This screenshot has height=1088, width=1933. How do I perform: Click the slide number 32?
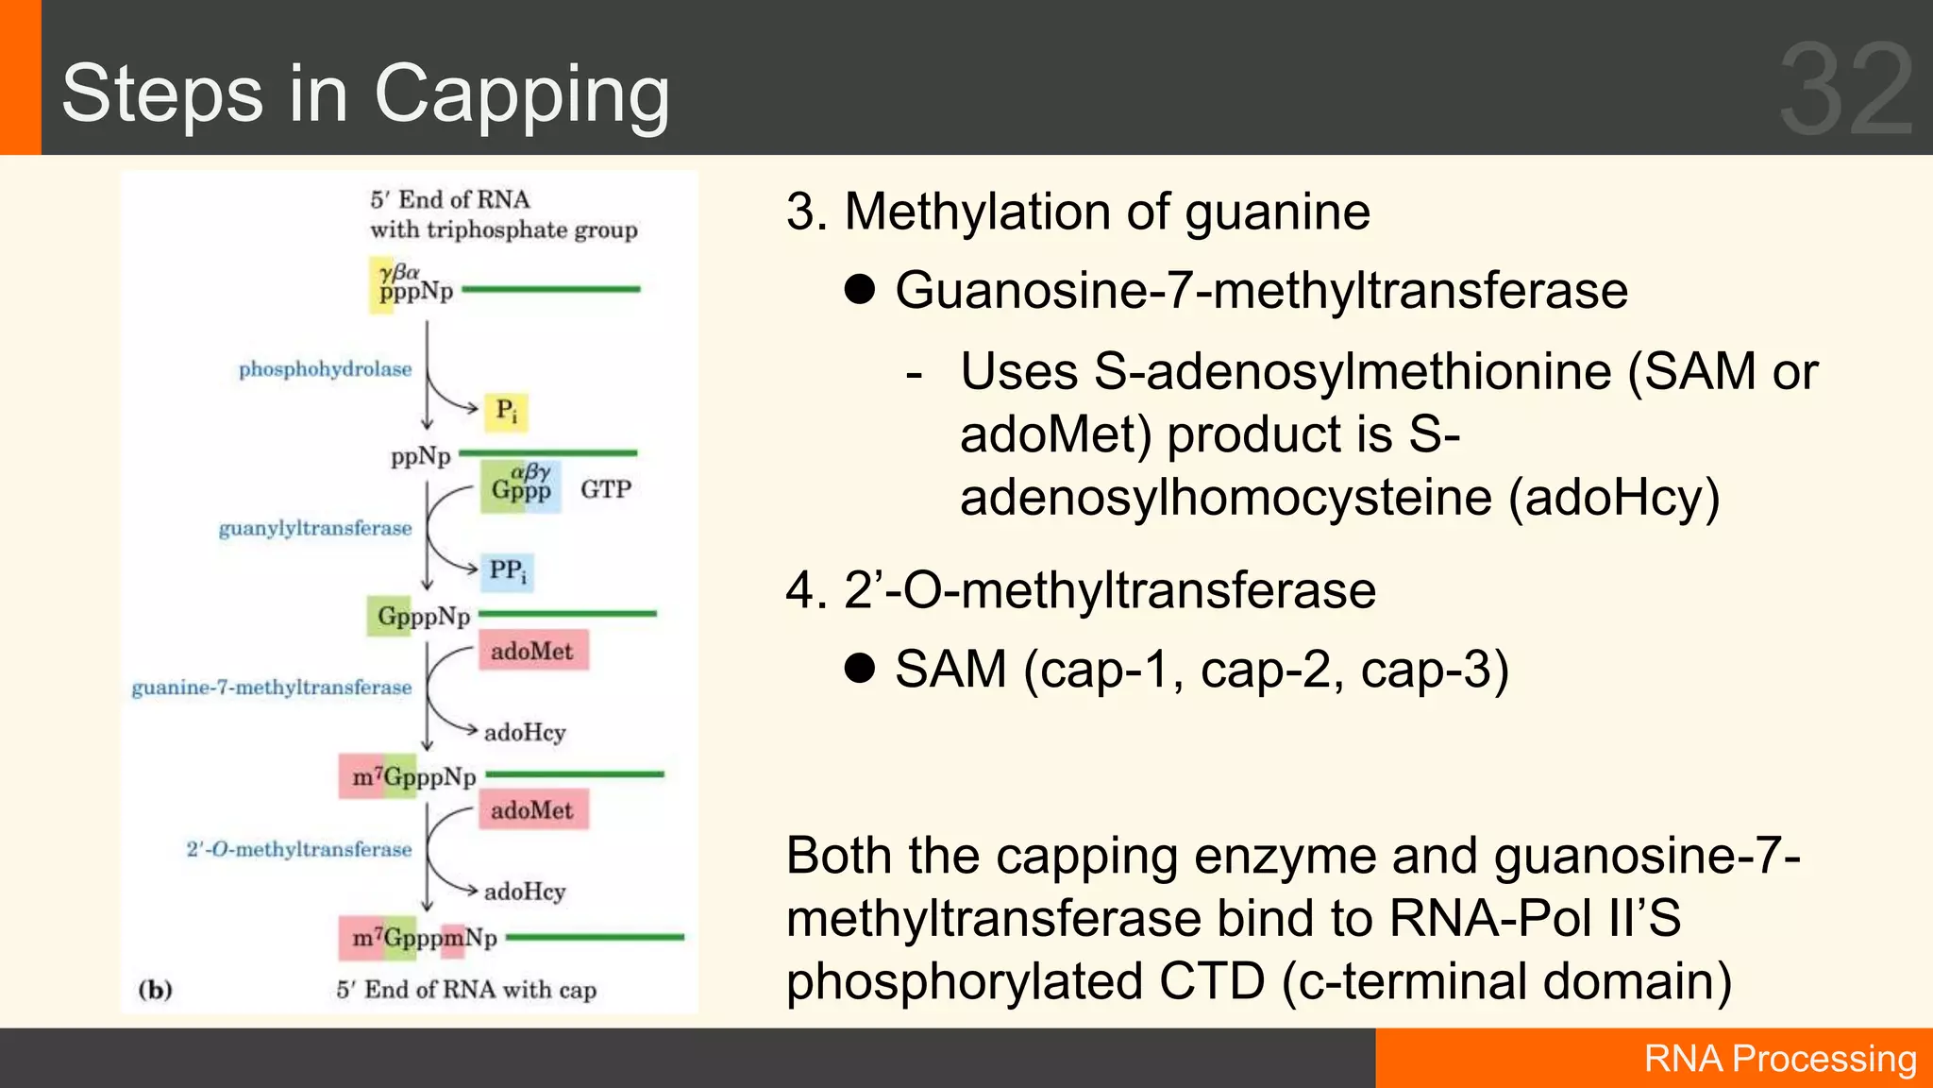pyautogui.click(x=1846, y=90)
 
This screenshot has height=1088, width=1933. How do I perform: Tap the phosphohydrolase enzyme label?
pyautogui.click(x=325, y=369)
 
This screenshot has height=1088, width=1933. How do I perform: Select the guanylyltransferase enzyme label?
pyautogui.click(x=315, y=528)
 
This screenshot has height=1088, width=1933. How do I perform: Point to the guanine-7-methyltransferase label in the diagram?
pyautogui.click(x=272, y=688)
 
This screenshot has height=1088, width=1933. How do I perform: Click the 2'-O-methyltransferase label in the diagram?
pyautogui.click(x=299, y=849)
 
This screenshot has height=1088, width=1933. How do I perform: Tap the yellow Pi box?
pyautogui.click(x=506, y=412)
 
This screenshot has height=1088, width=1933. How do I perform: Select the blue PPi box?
pyautogui.click(x=508, y=571)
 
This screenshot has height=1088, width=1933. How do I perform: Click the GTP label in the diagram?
pyautogui.click(x=605, y=489)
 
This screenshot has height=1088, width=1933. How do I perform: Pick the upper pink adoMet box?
pyautogui.click(x=532, y=651)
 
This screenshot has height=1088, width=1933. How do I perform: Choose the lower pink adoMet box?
pyautogui.click(x=532, y=810)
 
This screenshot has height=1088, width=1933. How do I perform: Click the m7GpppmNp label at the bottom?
pyautogui.click(x=424, y=938)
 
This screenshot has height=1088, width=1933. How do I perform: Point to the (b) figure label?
pyautogui.click(x=156, y=990)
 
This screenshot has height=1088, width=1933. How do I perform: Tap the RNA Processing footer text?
pyautogui.click(x=1780, y=1059)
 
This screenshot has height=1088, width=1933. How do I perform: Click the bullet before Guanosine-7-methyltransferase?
pyautogui.click(x=860, y=290)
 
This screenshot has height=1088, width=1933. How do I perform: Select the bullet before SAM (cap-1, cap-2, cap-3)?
pyautogui.click(x=860, y=669)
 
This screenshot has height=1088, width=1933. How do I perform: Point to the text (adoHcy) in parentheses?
pyautogui.click(x=1614, y=498)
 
